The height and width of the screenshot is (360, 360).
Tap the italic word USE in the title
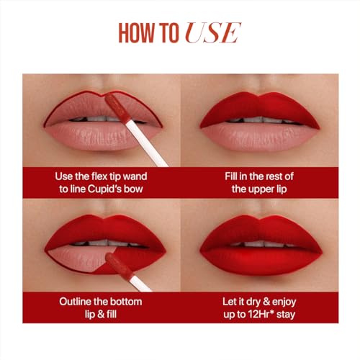click(x=213, y=33)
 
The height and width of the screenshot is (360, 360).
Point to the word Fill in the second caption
click(x=230, y=176)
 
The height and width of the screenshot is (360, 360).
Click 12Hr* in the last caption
click(x=261, y=314)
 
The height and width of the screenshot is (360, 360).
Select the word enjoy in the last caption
click(x=284, y=302)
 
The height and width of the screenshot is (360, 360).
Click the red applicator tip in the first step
click(x=117, y=108)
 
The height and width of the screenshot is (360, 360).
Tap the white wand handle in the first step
click(x=146, y=143)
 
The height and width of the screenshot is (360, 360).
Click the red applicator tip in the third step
click(x=119, y=266)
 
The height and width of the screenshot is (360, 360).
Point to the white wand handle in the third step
click(x=140, y=284)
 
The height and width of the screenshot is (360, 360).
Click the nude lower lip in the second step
click(x=260, y=137)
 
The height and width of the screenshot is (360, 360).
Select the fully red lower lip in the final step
click(x=261, y=261)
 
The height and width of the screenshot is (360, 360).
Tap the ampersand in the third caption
click(x=101, y=314)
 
